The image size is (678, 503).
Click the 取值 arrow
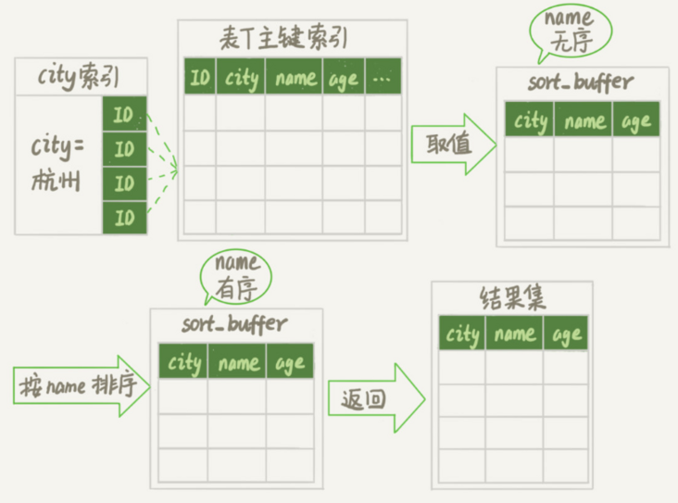(453, 145)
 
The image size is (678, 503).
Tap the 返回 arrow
(376, 398)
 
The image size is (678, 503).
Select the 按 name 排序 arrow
(82, 385)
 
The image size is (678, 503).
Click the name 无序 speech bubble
(571, 31)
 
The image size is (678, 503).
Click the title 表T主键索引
(283, 38)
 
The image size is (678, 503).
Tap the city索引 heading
(78, 77)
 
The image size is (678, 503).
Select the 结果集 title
(512, 298)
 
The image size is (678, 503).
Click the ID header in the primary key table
(200, 76)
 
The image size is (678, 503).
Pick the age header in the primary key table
(344, 76)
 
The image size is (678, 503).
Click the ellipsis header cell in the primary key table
(383, 76)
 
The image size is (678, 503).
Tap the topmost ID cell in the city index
(124, 114)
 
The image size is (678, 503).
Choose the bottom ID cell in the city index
(124, 218)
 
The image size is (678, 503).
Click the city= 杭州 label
(57, 163)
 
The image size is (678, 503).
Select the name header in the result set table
(514, 333)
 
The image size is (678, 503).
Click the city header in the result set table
(462, 333)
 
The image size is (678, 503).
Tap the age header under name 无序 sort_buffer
(636, 119)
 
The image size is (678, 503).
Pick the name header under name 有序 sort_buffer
(237, 361)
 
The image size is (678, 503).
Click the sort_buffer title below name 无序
(581, 82)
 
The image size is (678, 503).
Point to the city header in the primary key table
(241, 76)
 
